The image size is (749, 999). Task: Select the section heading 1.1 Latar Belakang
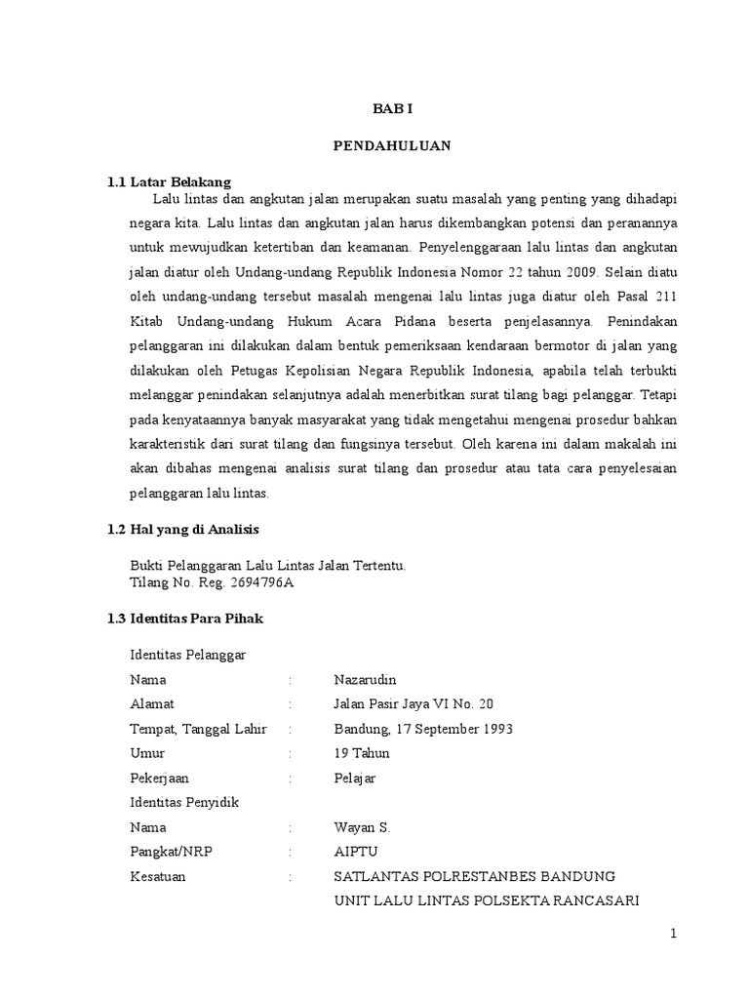pos(169,181)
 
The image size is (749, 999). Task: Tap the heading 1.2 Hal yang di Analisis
pos(182,529)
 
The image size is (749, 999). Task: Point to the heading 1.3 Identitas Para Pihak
pos(184,619)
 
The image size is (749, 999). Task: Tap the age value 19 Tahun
pos(361,753)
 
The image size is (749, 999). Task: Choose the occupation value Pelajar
pos(355,778)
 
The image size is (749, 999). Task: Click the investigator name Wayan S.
pos(362,827)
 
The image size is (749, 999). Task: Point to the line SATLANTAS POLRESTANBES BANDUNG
pos(475,876)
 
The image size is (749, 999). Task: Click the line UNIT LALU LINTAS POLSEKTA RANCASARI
pos(486,900)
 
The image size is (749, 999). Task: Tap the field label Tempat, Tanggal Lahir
pos(198,729)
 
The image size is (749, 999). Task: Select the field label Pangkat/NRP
pos(171,852)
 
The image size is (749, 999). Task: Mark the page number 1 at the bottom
pos(673,934)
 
